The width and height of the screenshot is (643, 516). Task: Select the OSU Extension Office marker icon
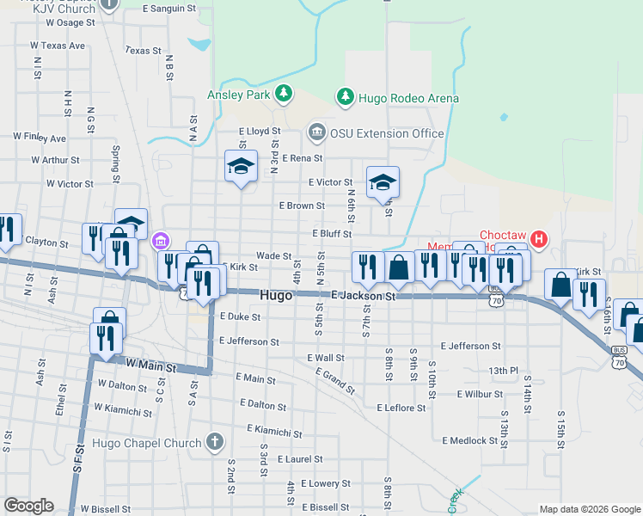[x=315, y=132]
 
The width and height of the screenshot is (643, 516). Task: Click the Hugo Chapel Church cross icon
[x=215, y=443]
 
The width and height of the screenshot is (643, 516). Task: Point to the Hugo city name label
[x=276, y=295]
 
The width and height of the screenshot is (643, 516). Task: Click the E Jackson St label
[x=363, y=296]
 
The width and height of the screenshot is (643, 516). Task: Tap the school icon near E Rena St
[x=241, y=165]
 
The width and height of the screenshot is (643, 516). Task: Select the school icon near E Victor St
[x=383, y=181]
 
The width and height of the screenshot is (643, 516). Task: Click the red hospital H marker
[x=539, y=238]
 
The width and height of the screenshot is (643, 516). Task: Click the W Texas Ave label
[x=58, y=45]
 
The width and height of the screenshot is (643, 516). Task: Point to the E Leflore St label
[x=401, y=408]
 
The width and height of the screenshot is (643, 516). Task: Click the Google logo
[x=28, y=506]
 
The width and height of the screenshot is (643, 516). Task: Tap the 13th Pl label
[x=504, y=371]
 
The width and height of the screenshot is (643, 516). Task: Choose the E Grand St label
[x=334, y=381]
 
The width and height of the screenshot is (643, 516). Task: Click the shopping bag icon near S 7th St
[x=399, y=267]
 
